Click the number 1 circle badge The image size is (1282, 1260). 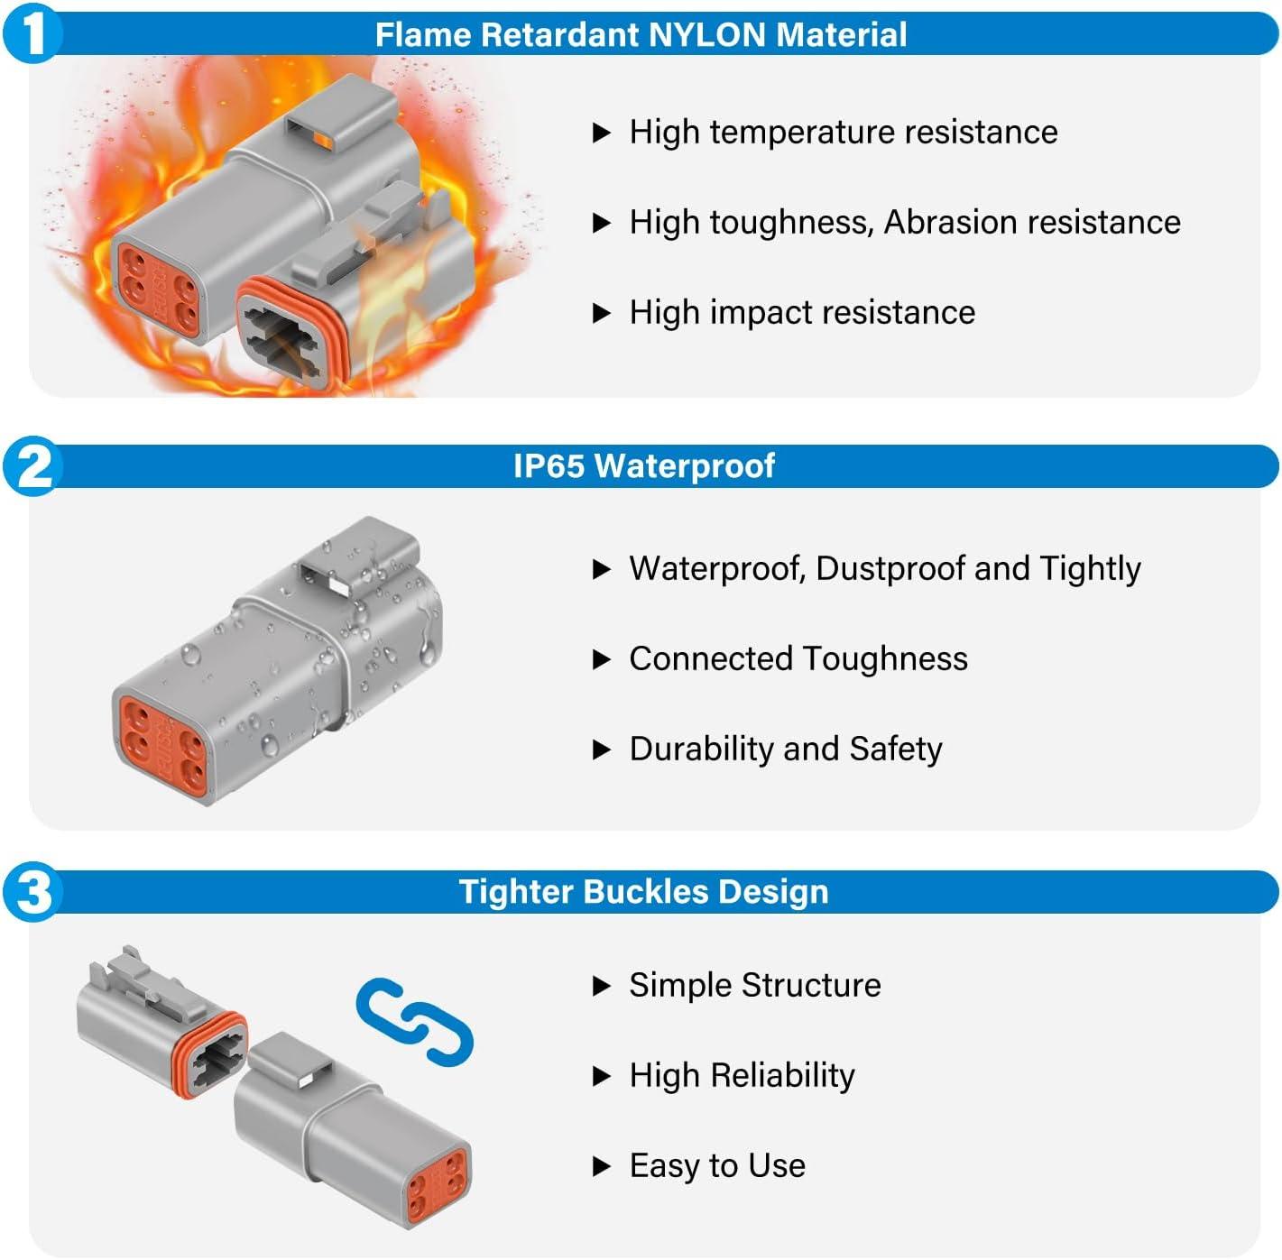tap(33, 34)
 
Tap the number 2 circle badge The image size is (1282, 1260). tap(33, 466)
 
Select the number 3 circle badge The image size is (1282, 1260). tap(33, 892)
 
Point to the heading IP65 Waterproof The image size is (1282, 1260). tap(643, 466)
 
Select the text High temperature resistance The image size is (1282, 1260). tap(843, 133)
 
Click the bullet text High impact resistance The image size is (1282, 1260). tap(802, 313)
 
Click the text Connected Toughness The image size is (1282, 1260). tap(798, 659)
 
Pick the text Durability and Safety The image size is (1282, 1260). tap(785, 750)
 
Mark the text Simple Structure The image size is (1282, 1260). tap(754, 986)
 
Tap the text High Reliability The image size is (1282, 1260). tap(742, 1076)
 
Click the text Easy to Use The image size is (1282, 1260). tap(717, 1166)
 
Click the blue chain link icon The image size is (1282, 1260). tap(415, 1022)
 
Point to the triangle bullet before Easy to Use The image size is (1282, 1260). tap(602, 1167)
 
